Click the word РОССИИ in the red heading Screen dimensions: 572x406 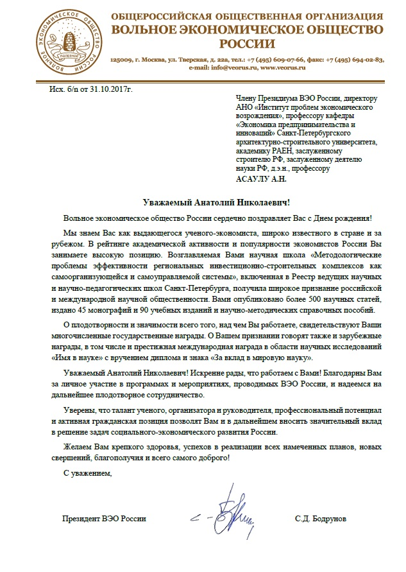(247, 44)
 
